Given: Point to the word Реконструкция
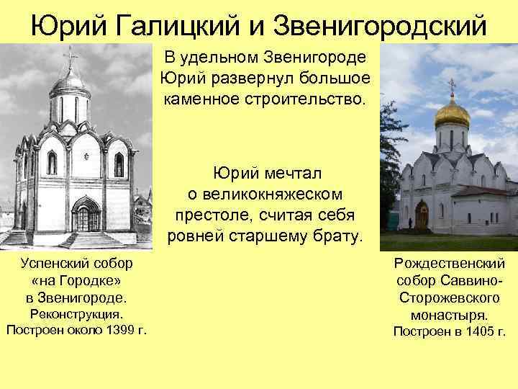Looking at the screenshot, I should (76, 314).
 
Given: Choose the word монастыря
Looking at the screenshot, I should (449, 315).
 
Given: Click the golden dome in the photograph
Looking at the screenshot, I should (453, 112).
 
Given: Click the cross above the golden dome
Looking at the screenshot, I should (452, 86).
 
